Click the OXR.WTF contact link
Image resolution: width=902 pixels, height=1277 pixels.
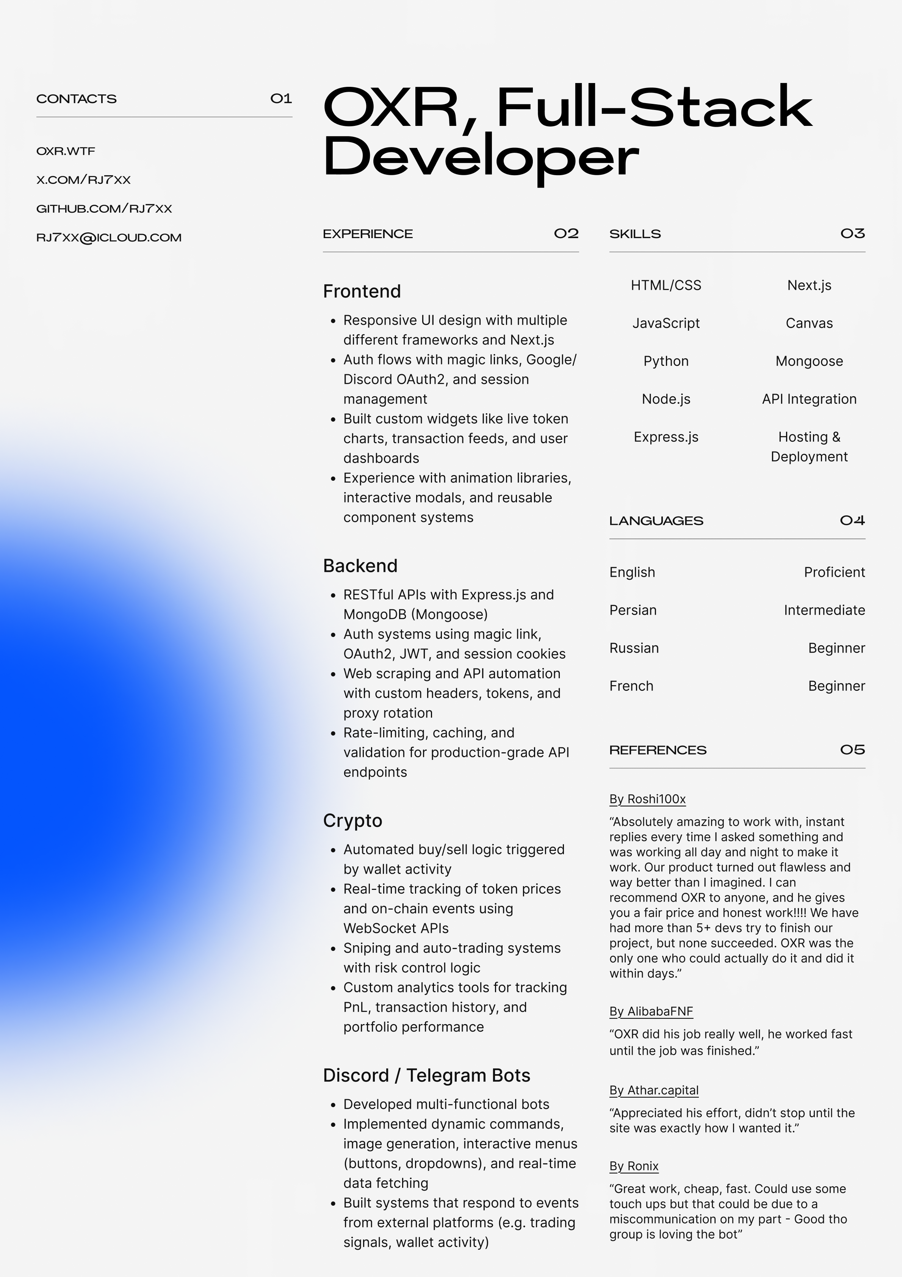coord(66,151)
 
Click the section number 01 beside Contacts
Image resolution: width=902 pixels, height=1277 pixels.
coord(281,99)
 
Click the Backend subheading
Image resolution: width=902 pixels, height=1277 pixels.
coord(360,566)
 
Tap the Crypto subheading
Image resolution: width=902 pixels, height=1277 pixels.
coord(352,820)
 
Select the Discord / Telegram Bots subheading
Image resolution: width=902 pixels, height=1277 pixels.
coord(426,1075)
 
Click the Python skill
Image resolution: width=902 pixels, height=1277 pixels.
coord(666,361)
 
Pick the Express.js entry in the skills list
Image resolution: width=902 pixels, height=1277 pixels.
coord(666,437)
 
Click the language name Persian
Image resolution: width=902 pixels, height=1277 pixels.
coord(633,610)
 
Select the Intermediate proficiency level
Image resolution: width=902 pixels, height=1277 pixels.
coord(824,610)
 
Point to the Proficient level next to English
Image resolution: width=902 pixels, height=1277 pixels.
coord(834,572)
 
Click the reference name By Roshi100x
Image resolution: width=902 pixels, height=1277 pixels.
coord(647,799)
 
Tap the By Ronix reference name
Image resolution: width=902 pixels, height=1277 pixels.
coord(634,1166)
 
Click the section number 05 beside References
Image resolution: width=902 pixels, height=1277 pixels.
coord(852,750)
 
